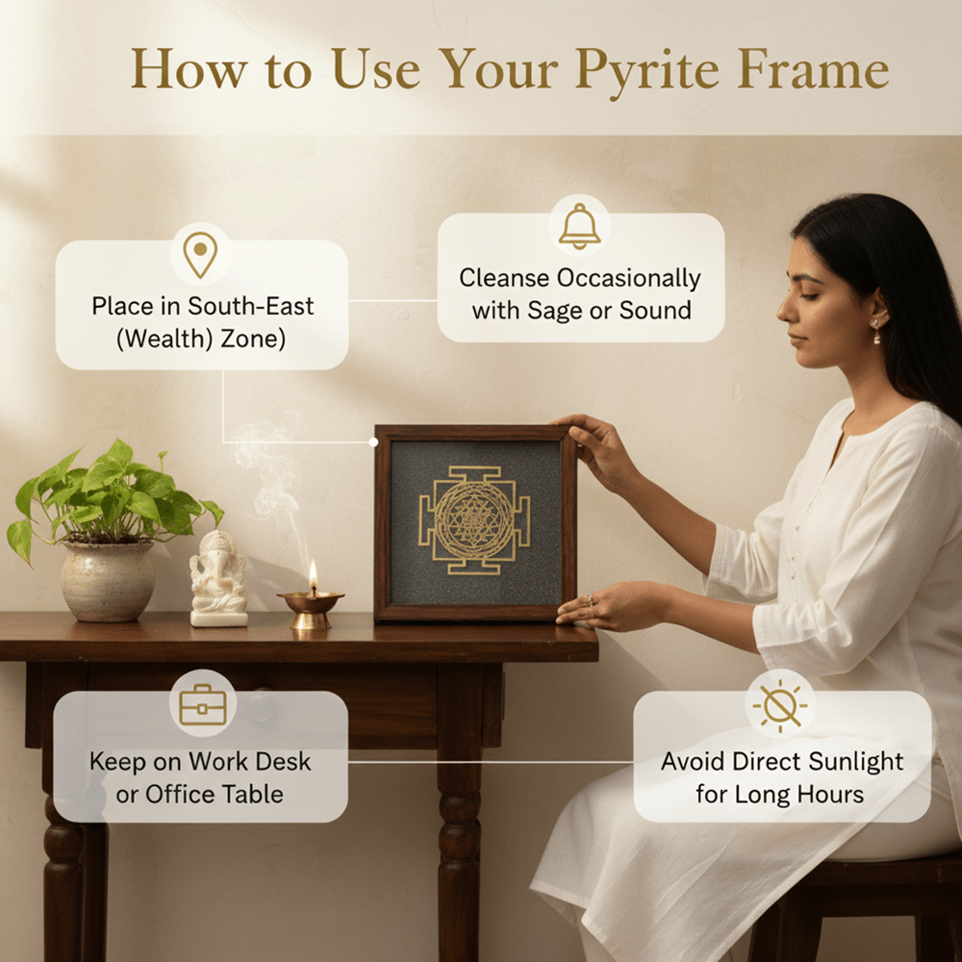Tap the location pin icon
[200, 255]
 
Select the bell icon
[580, 227]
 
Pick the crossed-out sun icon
[781, 707]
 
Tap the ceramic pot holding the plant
[108, 580]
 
